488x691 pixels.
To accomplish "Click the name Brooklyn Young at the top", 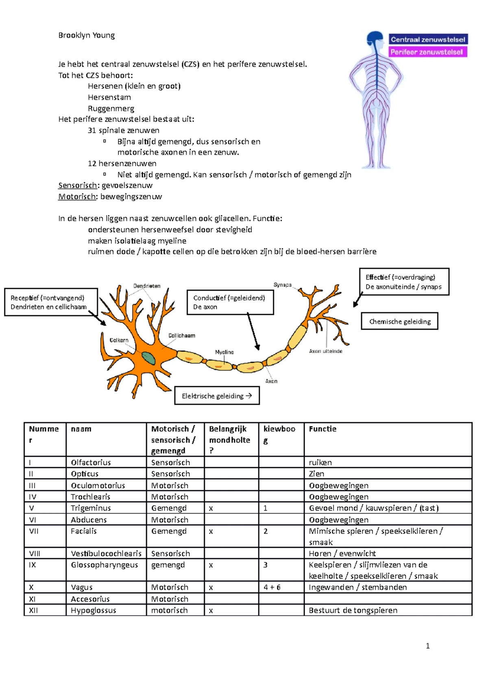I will pos(86,35).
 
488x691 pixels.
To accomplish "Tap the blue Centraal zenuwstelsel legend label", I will pos(428,39).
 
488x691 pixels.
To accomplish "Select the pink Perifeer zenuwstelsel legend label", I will pos(427,52).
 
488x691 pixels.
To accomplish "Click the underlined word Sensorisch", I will pos(78,186).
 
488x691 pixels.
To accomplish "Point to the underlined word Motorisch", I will pos(77,197).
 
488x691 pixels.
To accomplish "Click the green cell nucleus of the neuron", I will pos(148,358).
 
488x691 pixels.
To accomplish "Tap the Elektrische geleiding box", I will pos(217,396).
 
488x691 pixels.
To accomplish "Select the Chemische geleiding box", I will pos(399,321).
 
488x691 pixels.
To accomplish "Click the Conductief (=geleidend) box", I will pos(230,302).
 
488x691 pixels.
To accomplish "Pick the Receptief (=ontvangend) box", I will pos(51,302).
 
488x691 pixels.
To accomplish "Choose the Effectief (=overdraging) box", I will pos(404,282).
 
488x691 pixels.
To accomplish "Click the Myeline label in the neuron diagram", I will pos(224,352).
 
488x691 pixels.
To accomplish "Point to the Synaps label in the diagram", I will pos(282,285).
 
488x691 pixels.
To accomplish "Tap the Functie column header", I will pos(322,429).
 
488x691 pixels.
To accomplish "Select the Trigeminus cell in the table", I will pos(91,508).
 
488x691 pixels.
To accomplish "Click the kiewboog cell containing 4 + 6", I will pos(272,587).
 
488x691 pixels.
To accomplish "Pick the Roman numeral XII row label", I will pos(33,610).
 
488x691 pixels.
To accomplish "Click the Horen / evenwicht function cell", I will pos(342,553).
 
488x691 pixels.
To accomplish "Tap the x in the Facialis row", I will pos(211,531).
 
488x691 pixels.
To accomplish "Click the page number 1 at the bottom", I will pos(427,646).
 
